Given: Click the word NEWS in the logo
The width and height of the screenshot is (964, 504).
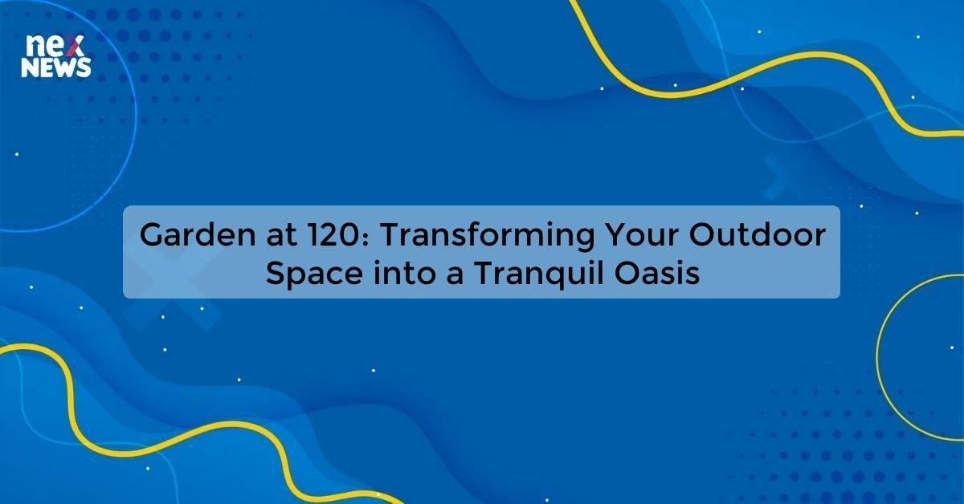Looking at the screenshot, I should click(56, 70).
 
